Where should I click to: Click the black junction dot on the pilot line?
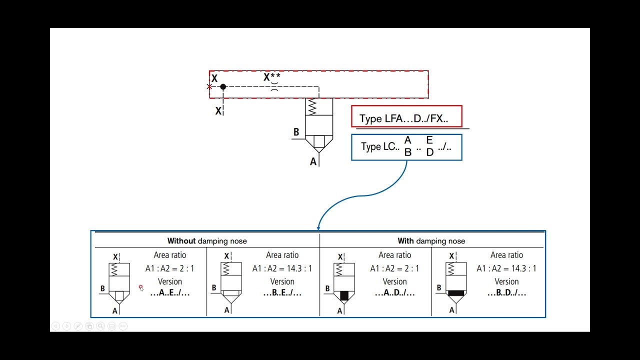223,86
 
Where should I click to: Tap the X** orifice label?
271,77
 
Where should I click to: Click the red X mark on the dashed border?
209,86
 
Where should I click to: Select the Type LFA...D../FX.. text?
403,118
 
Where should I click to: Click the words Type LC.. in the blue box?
380,146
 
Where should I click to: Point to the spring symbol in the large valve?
312,107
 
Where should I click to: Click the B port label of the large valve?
296,131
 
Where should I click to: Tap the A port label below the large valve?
313,161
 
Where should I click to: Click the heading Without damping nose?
207,241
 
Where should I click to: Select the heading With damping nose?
431,241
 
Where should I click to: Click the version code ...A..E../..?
170,292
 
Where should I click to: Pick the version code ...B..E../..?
282,292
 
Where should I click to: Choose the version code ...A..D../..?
395,292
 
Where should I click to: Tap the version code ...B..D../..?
506,292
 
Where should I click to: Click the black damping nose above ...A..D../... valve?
344,295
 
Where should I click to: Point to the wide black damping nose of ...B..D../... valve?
456,293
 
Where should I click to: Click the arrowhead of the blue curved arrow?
318,228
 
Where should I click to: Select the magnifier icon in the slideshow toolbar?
100,326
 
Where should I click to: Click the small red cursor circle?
140,286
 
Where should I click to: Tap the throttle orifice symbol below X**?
274,86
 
